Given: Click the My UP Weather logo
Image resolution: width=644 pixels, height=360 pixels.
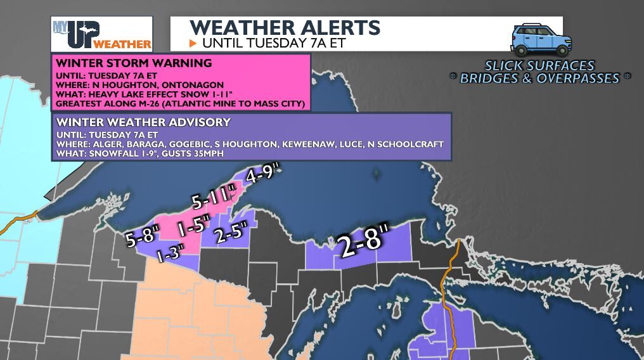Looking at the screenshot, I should coord(101,34).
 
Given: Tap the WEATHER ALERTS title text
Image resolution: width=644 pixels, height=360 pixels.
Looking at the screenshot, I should coord(285,28).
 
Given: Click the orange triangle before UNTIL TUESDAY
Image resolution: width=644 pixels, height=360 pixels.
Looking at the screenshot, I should coord(194,43).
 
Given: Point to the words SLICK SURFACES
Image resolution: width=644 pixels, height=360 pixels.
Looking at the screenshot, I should coord(539,65).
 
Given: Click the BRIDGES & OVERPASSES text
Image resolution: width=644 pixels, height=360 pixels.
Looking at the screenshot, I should coord(540,79).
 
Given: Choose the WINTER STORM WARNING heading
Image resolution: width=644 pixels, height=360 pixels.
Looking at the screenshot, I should coord(134,63).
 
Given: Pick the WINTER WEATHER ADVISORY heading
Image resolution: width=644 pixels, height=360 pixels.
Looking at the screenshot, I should coord(143,122).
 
